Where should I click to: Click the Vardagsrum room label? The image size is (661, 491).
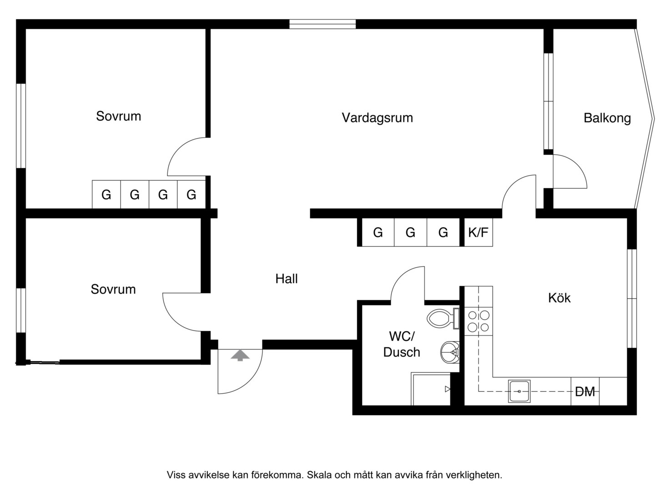(x=377, y=118)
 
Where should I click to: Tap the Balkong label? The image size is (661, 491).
(x=607, y=119)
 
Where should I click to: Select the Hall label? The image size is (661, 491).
(x=287, y=279)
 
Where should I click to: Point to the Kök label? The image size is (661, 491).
(x=560, y=298)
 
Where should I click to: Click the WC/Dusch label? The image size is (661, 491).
(x=401, y=345)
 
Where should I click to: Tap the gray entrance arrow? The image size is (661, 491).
(x=240, y=356)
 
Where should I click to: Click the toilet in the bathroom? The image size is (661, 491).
(x=443, y=319)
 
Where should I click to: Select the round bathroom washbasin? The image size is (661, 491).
(x=450, y=352)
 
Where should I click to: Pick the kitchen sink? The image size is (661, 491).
(x=519, y=391)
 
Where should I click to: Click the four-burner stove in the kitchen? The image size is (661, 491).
(x=478, y=321)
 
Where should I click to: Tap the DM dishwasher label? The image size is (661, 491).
(x=585, y=392)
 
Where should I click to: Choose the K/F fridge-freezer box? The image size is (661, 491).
(x=478, y=232)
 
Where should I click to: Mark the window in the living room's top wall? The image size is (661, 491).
(x=323, y=24)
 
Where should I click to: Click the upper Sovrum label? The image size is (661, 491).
(x=118, y=116)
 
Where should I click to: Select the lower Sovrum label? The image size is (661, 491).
(x=113, y=289)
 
